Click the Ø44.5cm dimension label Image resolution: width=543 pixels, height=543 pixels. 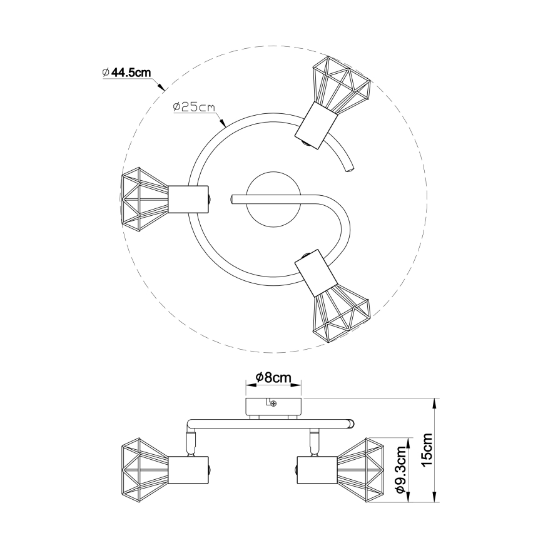point(127,73)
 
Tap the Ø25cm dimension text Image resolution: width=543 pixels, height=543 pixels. point(193,107)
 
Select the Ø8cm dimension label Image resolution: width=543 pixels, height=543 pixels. point(273,377)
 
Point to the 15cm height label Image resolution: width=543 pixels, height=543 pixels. point(427,449)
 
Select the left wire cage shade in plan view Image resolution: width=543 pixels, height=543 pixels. point(145,201)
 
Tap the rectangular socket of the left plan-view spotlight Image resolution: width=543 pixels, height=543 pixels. point(188,200)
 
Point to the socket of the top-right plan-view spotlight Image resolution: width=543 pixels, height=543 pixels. point(316,125)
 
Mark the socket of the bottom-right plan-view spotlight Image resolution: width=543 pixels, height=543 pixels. point(316,273)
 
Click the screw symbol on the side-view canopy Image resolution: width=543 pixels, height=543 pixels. point(273,403)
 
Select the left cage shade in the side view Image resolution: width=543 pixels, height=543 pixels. point(145,470)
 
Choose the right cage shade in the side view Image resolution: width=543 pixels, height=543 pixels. point(361,470)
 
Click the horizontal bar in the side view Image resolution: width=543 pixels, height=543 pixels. point(270,423)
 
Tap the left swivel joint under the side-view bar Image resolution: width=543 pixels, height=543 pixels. point(190,442)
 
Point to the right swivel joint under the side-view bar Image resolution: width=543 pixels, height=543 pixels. point(315,442)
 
